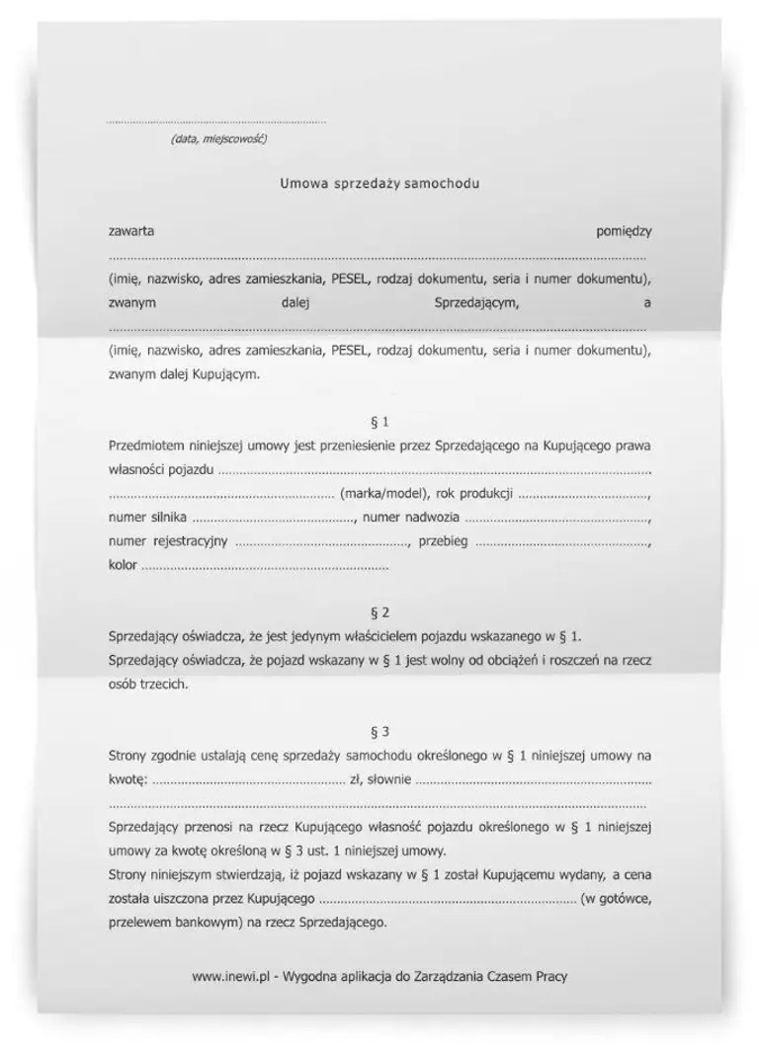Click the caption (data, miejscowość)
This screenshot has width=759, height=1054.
[217, 139]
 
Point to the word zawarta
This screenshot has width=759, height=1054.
[130, 231]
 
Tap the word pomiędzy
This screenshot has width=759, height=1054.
[624, 231]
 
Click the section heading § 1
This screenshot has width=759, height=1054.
[379, 422]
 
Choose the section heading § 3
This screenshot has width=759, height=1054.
[379, 732]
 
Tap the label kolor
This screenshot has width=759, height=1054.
[123, 566]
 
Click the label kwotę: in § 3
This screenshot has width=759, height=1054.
[127, 780]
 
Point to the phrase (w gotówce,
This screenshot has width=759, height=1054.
[616, 899]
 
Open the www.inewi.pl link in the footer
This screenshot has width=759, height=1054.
[231, 976]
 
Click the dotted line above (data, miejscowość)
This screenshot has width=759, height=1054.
[216, 122]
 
